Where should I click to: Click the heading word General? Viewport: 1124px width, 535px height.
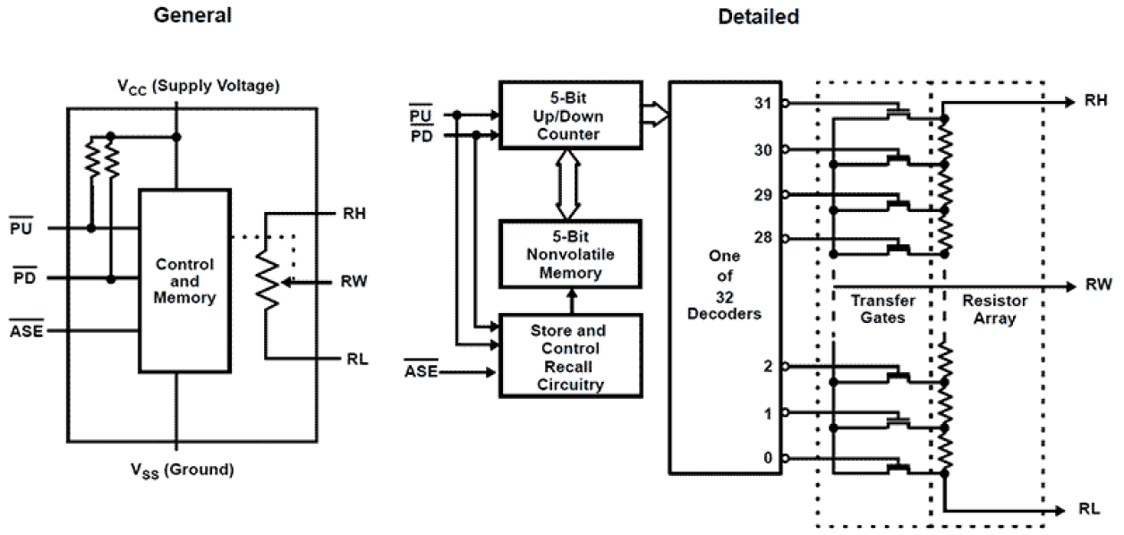(x=192, y=15)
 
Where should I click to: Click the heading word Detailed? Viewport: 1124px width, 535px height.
(x=758, y=16)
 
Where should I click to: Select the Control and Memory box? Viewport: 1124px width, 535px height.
(x=184, y=281)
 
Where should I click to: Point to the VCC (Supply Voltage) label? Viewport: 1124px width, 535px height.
(x=199, y=87)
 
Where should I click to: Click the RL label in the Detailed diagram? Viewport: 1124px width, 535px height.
(x=1089, y=509)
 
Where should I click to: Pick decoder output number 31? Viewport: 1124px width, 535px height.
(x=763, y=104)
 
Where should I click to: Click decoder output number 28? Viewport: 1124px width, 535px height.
(x=763, y=238)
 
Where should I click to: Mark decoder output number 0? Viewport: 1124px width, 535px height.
(x=768, y=458)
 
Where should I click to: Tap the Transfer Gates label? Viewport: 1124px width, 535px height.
(x=877, y=310)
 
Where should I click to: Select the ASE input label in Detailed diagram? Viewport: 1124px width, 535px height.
(x=421, y=369)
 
